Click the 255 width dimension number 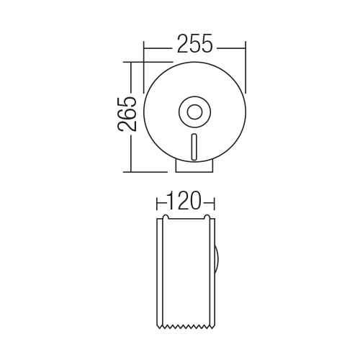pos(195,43)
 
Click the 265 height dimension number pos(127,114)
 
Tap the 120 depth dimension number pos(184,201)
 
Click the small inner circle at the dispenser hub pos(194,112)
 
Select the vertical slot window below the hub pos(194,147)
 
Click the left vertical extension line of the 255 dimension pos(144,67)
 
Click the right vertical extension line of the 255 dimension pos(246,67)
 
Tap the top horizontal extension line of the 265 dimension pos(148,62)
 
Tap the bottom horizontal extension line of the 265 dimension pos(145,172)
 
